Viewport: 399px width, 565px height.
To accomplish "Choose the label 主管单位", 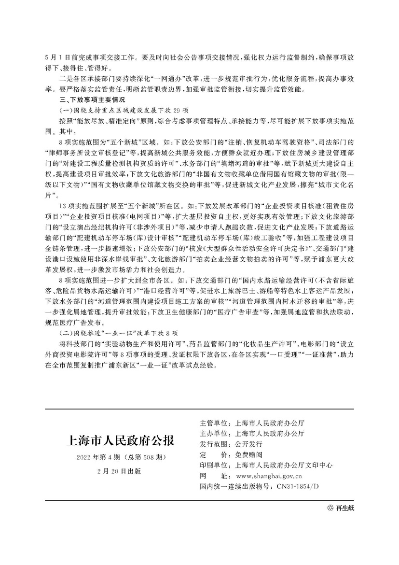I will coord(214,422).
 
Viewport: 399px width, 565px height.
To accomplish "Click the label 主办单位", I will coord(214,433).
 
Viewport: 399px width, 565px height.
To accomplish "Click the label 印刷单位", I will coord(214,466).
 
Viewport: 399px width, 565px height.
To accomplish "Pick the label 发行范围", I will coord(214,444).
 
